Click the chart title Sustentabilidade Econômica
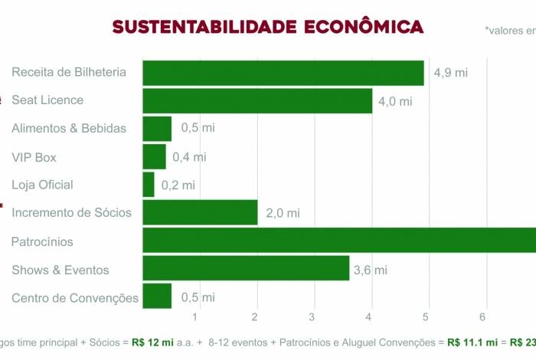(267, 27)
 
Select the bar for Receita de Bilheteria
(283, 73)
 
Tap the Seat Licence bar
(257, 100)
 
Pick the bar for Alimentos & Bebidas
(157, 128)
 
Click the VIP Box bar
(154, 156)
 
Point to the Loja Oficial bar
(149, 185)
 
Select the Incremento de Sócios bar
(200, 212)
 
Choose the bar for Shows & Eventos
(246, 269)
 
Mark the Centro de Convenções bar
(157, 297)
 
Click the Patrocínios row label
(42, 242)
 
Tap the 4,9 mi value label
(450, 73)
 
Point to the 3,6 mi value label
(370, 270)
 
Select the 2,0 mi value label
(283, 213)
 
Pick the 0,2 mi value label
(179, 185)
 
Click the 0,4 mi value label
(189, 157)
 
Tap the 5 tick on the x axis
(427, 317)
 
